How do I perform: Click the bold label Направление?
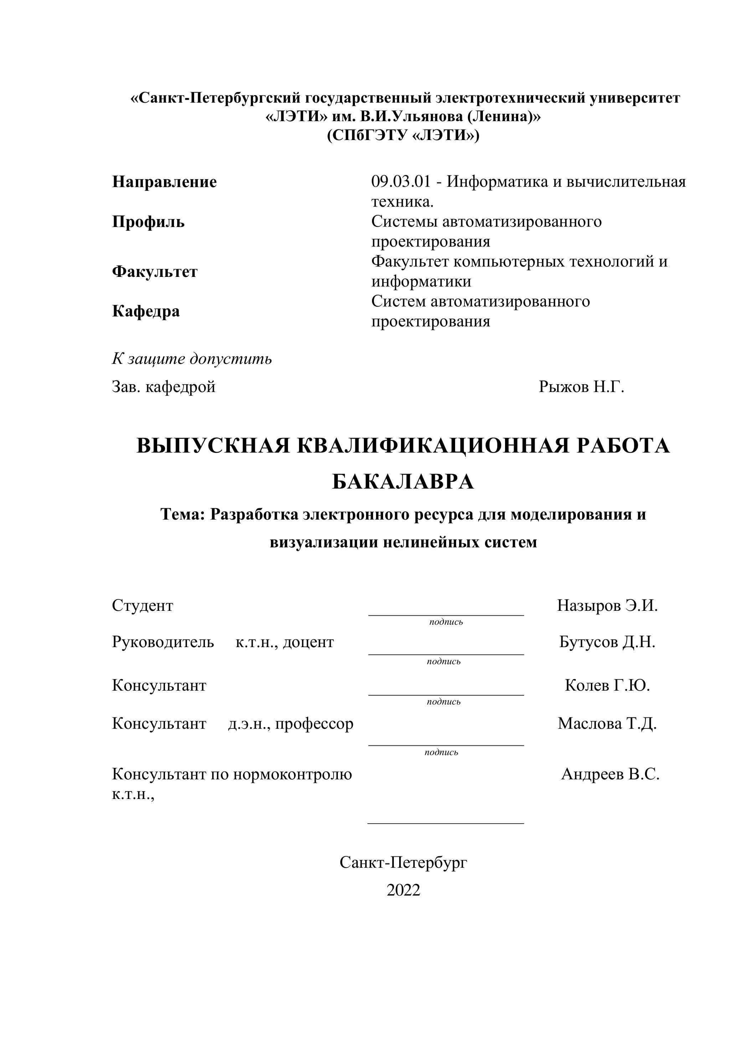(164, 182)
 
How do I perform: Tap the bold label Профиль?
(148, 222)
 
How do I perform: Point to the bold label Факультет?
(155, 272)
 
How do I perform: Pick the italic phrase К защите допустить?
(192, 358)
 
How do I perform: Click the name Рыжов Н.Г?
(581, 387)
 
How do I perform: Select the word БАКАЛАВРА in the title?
(403, 482)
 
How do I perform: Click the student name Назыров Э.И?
(607, 605)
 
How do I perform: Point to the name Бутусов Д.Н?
(607, 642)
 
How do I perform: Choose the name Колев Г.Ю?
(607, 685)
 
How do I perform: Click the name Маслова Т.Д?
(607, 723)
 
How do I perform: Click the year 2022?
(403, 891)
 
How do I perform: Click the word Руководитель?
(163, 642)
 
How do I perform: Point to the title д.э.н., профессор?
(290, 723)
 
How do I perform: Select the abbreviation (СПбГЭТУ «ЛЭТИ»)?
(403, 135)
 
